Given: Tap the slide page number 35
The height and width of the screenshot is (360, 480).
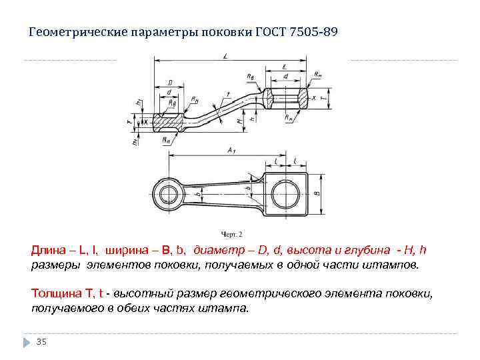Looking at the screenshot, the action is click(41, 341).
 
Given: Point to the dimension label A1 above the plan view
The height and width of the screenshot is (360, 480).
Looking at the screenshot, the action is click(231, 151).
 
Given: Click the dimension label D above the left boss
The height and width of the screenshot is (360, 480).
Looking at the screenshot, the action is click(170, 83).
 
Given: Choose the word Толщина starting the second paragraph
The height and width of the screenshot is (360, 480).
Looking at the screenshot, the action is click(55, 293).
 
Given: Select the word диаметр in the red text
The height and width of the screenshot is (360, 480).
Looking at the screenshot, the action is click(216, 251).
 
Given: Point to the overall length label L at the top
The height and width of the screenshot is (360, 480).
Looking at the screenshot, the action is click(225, 58).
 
